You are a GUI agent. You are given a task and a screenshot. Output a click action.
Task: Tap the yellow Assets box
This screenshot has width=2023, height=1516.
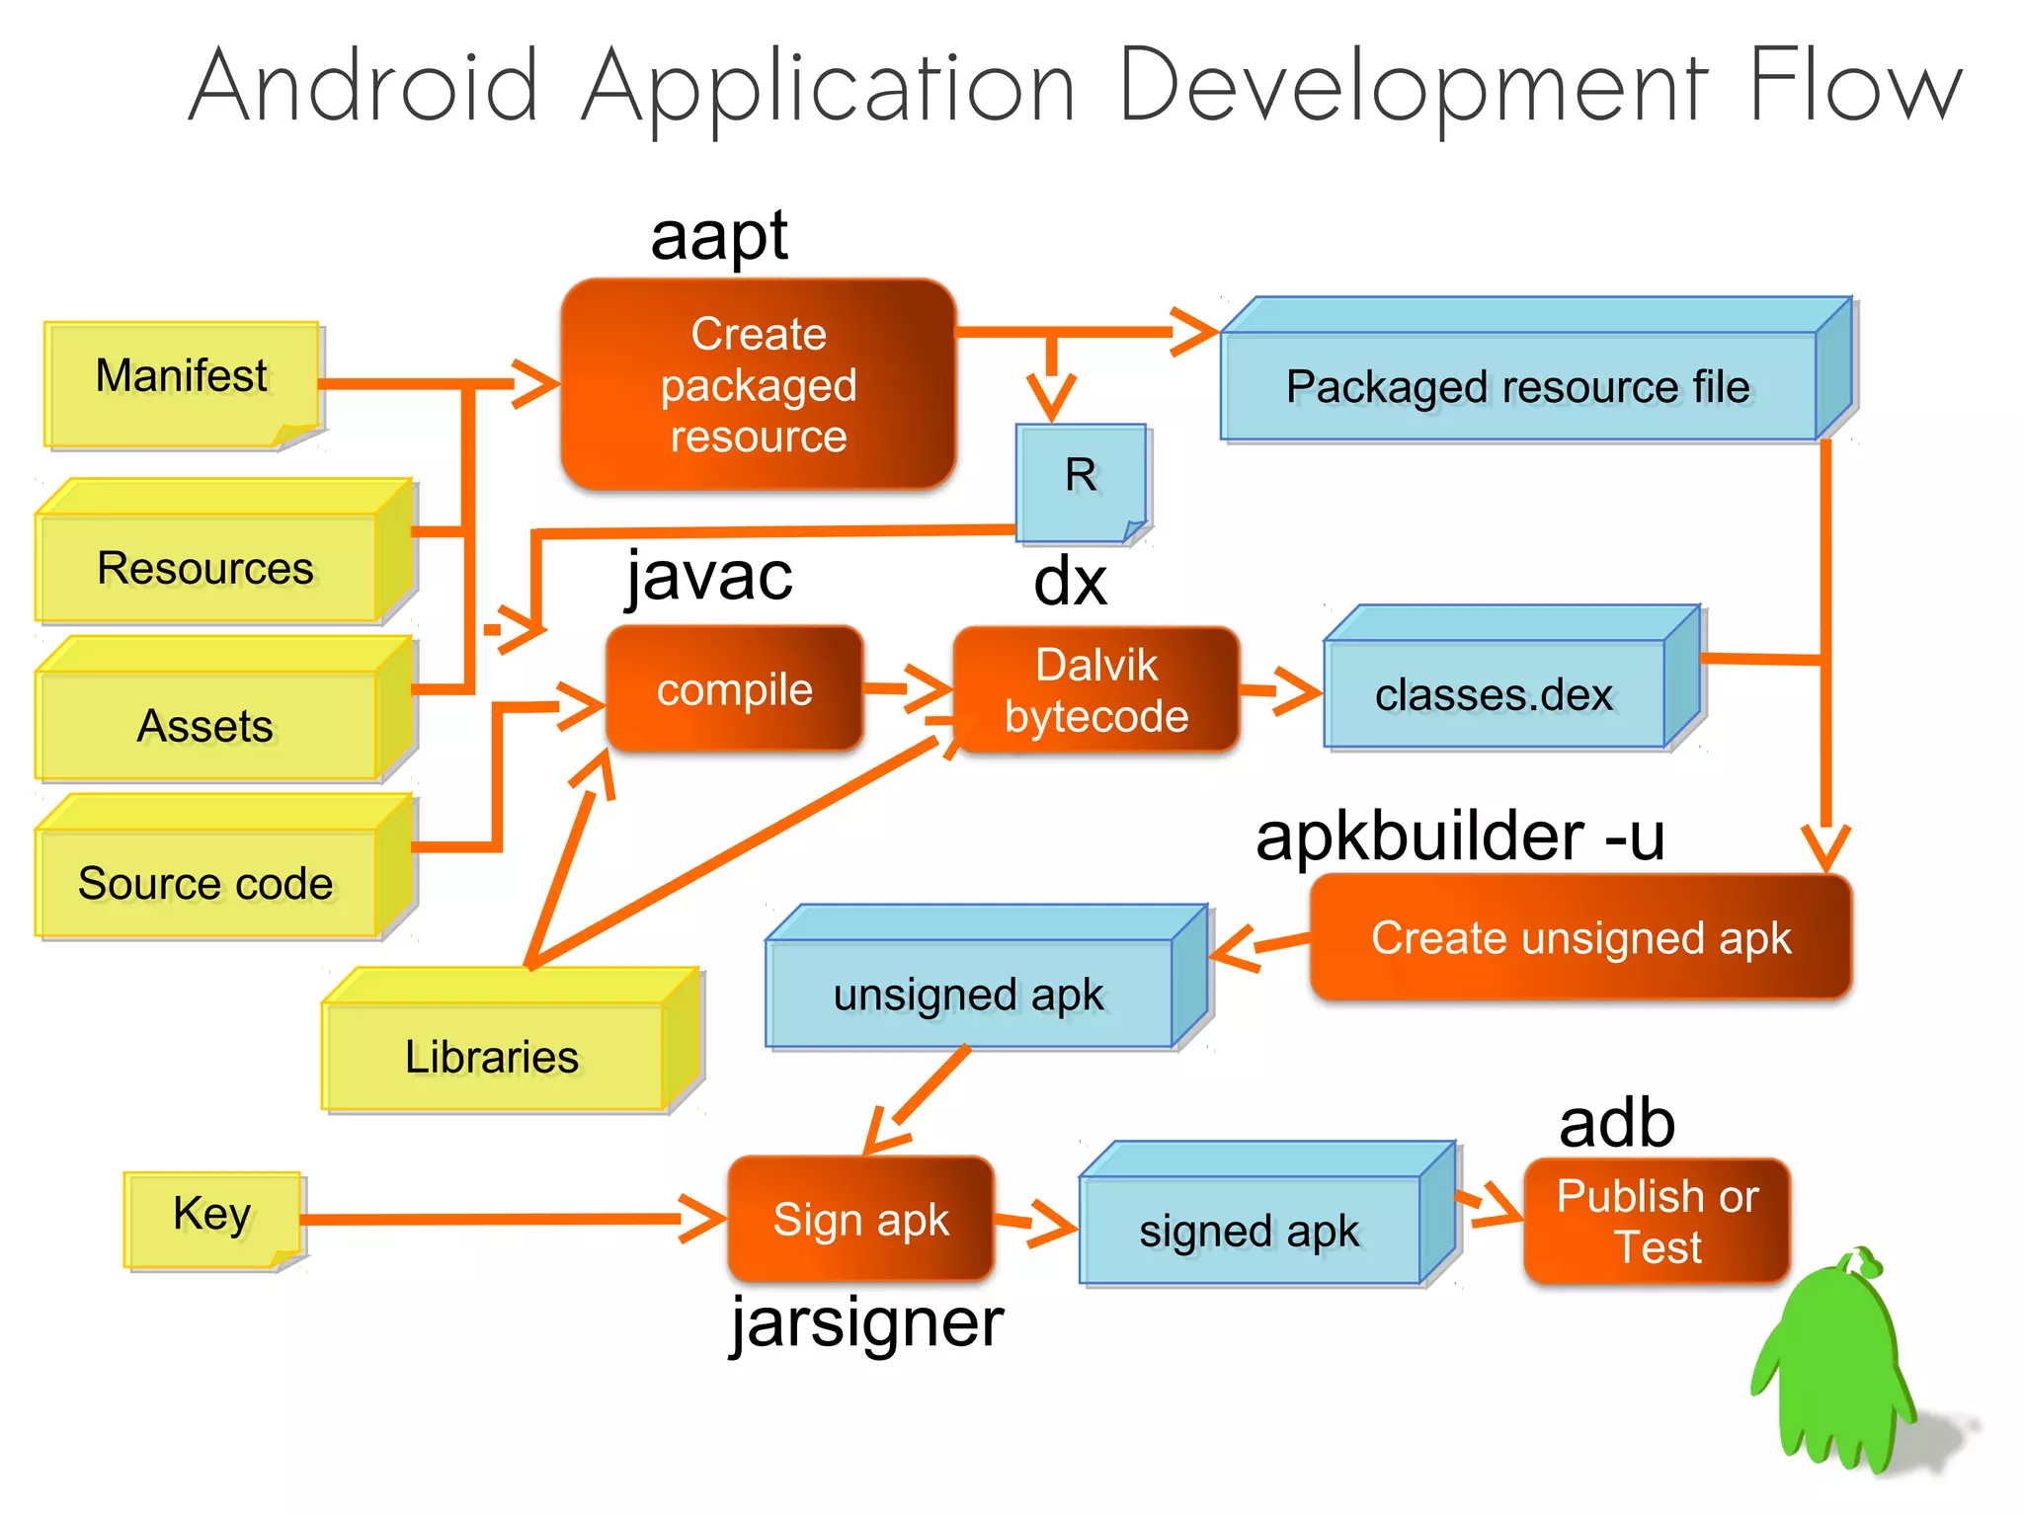point(205,724)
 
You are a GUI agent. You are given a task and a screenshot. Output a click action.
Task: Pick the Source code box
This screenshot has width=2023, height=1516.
point(205,881)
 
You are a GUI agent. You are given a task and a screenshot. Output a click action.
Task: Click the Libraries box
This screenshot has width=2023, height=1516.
point(492,1055)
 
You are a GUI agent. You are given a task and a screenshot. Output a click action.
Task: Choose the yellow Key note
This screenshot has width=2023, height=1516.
point(211,1217)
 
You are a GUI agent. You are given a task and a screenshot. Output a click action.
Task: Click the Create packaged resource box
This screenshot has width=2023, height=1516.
point(758,385)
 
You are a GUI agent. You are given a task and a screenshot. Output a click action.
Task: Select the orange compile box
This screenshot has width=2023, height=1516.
point(734,689)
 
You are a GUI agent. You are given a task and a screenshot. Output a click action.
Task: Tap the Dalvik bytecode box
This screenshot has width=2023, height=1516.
point(1095,690)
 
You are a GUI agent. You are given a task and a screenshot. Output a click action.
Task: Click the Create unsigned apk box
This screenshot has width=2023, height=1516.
point(1579,937)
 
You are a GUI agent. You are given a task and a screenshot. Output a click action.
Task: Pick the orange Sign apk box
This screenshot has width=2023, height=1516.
point(860,1219)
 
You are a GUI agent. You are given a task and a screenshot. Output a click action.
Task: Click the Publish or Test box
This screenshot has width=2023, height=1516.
point(1657,1222)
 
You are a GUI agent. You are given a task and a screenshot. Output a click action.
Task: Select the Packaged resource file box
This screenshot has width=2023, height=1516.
point(1518,385)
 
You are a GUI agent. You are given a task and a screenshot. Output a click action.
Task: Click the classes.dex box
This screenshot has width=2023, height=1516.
point(1494,693)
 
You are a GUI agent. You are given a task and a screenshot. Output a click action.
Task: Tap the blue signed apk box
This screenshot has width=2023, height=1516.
point(1249,1230)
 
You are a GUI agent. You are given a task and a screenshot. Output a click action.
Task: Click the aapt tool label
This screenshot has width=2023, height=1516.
point(719,237)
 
